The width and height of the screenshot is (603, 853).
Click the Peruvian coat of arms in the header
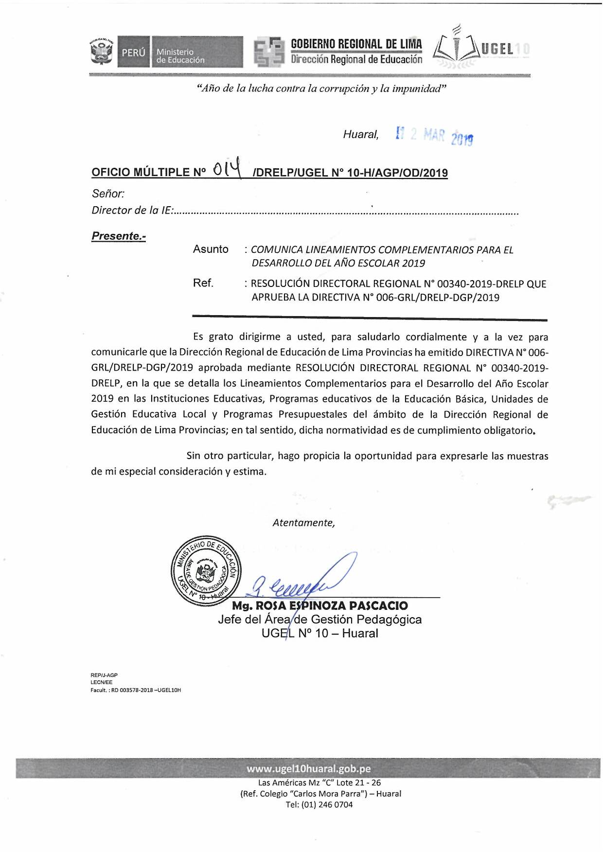pyautogui.click(x=101, y=52)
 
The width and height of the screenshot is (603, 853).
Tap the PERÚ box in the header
pyautogui.click(x=134, y=52)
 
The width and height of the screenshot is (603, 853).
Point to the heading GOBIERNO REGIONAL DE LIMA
pyautogui.click(x=356, y=44)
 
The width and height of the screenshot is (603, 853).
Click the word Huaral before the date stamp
pyautogui.click(x=360, y=134)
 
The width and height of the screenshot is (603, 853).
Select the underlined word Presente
pyautogui.click(x=118, y=236)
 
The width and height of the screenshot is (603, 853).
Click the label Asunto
pyautogui.click(x=211, y=249)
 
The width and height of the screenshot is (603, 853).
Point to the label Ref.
pyautogui.click(x=203, y=283)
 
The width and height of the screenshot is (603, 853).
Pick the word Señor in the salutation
pyautogui.click(x=108, y=194)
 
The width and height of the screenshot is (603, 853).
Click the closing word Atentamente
pyautogui.click(x=303, y=523)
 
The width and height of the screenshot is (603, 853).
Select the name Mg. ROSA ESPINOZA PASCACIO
pyautogui.click(x=319, y=605)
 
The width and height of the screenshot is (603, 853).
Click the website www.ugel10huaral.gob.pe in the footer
pyautogui.click(x=308, y=768)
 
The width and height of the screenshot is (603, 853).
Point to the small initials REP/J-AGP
pyautogui.click(x=104, y=675)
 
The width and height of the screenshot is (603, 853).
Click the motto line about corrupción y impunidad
pyautogui.click(x=321, y=89)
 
